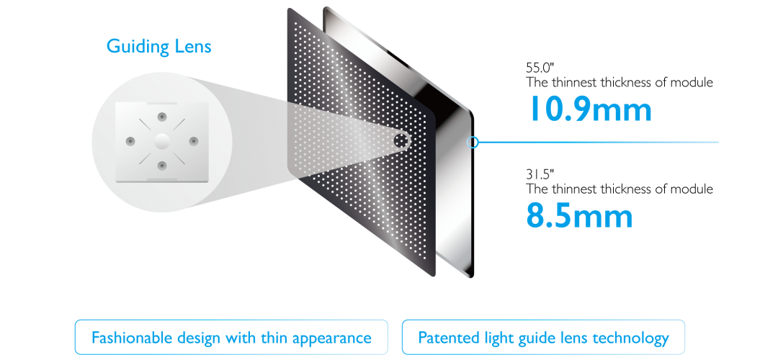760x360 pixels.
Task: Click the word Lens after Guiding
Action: pyautogui.click(x=192, y=47)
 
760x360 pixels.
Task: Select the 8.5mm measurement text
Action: pyautogui.click(x=579, y=215)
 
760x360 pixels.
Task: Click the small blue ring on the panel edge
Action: pyautogui.click(x=473, y=142)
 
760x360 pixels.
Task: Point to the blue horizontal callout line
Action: pyautogui.click(x=598, y=142)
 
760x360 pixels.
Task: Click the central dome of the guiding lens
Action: pyautogui.click(x=161, y=140)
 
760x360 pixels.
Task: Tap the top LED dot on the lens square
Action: pyautogui.click(x=161, y=115)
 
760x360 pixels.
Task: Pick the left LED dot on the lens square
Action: pyautogui.click(x=130, y=140)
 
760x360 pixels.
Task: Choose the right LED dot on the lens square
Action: pyautogui.click(x=192, y=140)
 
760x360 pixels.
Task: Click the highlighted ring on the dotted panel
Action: pyautogui.click(x=401, y=139)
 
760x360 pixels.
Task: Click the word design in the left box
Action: pyautogui.click(x=198, y=338)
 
